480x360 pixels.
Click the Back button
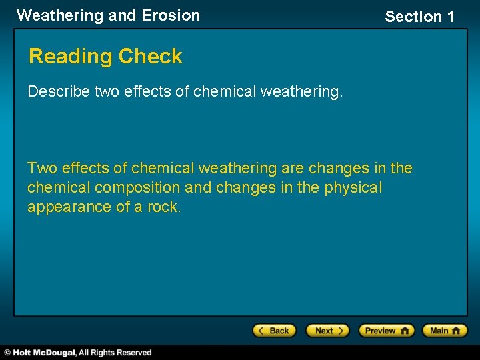273,331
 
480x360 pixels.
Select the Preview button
386,331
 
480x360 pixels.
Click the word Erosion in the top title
171,15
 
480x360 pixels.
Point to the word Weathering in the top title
59,15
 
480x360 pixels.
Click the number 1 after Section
449,17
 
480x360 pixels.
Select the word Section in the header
413,17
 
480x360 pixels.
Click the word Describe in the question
59,91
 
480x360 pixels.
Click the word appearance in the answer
69,207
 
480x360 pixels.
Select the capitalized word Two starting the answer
42,169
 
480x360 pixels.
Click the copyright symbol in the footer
7,353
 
